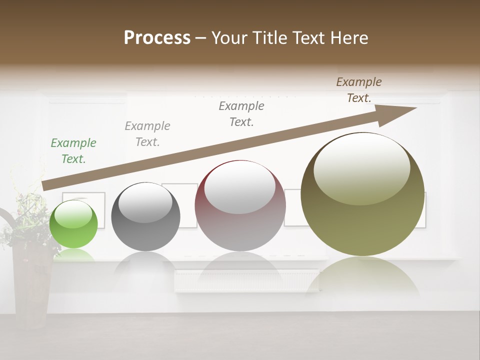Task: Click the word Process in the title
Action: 157,38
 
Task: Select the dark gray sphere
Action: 145,217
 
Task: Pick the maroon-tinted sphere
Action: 240,206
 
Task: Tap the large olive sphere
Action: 362,194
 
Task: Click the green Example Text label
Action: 73,151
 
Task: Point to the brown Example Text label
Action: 359,90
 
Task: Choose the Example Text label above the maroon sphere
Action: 241,114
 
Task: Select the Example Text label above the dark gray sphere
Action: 147,134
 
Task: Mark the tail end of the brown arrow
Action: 46,185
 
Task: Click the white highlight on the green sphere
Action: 73,214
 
